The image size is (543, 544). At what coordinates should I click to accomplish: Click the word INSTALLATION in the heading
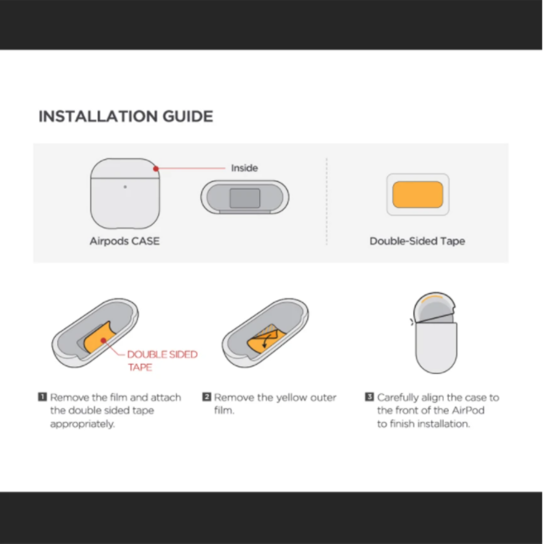(98, 116)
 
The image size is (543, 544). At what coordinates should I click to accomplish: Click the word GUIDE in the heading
(188, 116)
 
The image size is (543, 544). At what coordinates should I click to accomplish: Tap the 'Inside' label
(245, 168)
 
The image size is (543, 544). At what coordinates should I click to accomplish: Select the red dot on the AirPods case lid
(156, 169)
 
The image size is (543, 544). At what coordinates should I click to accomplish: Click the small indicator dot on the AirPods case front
(125, 187)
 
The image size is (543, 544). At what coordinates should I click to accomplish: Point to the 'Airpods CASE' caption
(125, 241)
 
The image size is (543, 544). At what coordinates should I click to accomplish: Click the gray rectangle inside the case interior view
(245, 198)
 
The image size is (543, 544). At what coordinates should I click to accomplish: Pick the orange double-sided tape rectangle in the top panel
(418, 194)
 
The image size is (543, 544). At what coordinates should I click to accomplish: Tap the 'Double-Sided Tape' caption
(417, 241)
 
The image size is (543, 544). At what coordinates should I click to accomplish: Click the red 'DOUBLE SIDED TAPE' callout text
(162, 361)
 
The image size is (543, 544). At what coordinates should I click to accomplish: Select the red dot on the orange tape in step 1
(103, 341)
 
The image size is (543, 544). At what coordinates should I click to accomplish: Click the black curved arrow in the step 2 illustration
(267, 341)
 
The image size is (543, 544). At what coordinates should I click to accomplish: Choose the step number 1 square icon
(42, 397)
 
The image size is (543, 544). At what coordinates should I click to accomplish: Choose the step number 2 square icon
(206, 397)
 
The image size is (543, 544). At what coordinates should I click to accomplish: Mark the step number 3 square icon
(369, 397)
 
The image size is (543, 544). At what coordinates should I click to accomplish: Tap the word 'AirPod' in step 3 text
(468, 410)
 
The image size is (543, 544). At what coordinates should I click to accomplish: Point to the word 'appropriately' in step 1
(82, 424)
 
